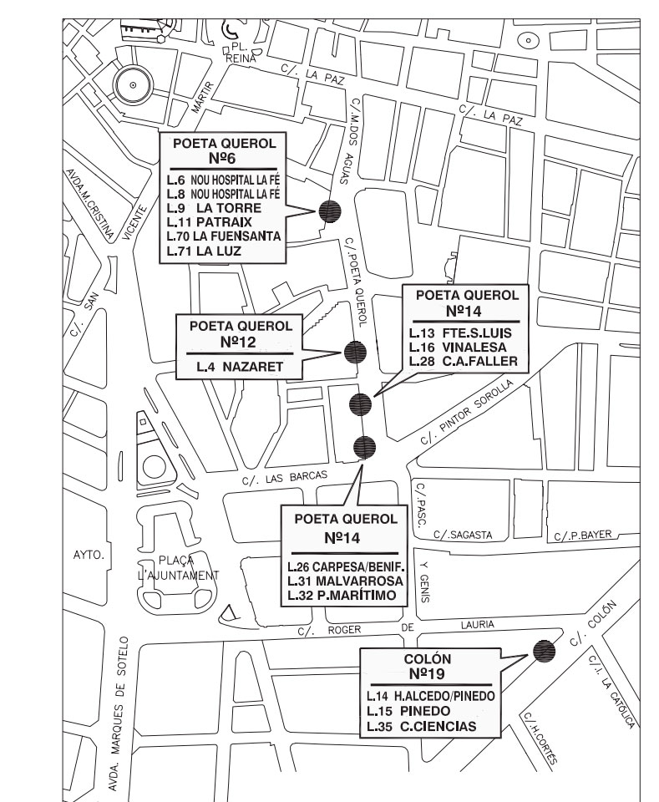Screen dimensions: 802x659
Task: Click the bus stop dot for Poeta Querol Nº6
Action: point(331,211)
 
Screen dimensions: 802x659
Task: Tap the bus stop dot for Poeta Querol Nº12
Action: point(355,352)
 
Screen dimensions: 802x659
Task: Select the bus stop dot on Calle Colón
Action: point(544,649)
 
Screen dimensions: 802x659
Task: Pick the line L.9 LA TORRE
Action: point(214,207)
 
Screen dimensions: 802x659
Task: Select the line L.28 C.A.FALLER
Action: point(464,361)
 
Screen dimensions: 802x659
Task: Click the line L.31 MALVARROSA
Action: point(345,581)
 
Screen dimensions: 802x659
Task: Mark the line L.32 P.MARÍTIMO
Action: point(345,596)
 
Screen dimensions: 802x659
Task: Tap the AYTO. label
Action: point(86,555)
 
